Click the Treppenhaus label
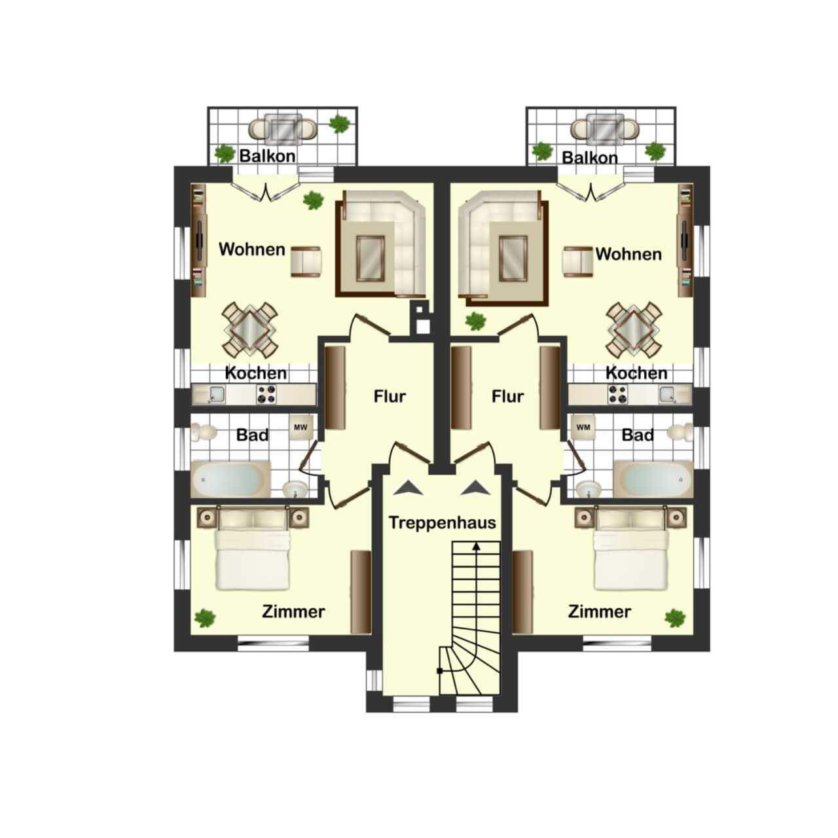[x=443, y=522]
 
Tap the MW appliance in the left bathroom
[x=301, y=427]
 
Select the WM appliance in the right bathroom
[x=583, y=427]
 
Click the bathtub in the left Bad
[x=230, y=479]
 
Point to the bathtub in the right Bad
[x=653, y=479]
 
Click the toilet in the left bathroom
[x=204, y=432]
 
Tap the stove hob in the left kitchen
[x=266, y=394]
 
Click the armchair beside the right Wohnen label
[x=577, y=261]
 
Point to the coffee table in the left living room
[x=371, y=259]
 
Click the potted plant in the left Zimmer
[x=204, y=618]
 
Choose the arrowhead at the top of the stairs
[x=477, y=546]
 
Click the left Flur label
[x=390, y=396]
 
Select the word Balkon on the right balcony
[x=590, y=157]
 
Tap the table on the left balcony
[x=283, y=129]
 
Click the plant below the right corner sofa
[x=475, y=321]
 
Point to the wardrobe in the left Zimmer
[x=361, y=592]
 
